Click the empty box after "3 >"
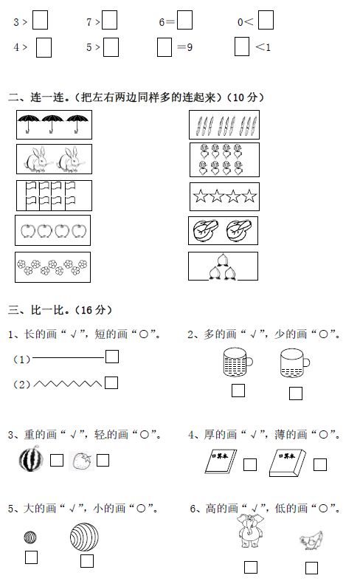40,20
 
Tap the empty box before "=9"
165,47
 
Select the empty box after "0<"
266,20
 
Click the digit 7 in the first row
89,22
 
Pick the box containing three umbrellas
54,125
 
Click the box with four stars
224,196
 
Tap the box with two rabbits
54,159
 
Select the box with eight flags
54,196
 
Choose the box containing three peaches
223,266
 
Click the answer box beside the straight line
112,357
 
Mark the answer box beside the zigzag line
111,382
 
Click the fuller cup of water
238,362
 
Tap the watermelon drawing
31,458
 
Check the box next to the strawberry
103,460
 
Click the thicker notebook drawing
288,462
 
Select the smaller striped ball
30,537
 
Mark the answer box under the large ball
87,561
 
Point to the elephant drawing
250,531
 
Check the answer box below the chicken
311,568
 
